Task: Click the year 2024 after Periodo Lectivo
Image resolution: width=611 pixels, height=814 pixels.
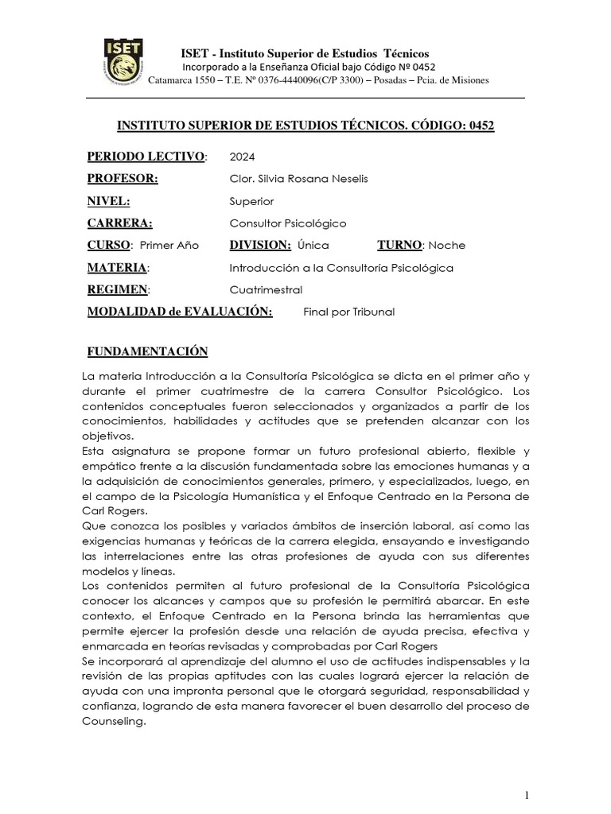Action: (x=242, y=156)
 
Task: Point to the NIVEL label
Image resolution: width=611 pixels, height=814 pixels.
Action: (x=108, y=201)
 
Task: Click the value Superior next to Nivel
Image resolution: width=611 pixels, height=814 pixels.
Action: (x=251, y=201)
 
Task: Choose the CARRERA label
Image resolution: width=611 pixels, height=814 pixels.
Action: (x=119, y=223)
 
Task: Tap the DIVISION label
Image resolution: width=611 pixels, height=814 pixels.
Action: (x=260, y=246)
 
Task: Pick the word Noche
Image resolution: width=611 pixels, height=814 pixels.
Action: (x=447, y=246)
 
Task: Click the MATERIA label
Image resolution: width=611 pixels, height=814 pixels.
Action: (x=117, y=268)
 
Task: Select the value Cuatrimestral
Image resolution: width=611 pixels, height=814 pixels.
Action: (x=266, y=290)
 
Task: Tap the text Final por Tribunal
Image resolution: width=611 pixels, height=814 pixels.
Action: (x=348, y=312)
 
